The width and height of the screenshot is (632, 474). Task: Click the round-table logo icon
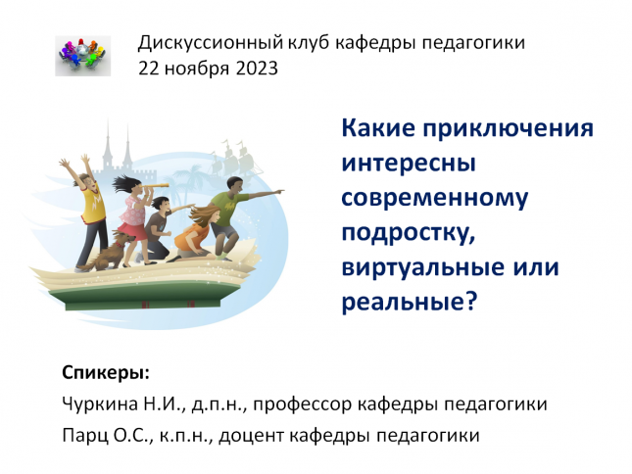82,56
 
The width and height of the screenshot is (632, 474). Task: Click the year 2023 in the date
257,69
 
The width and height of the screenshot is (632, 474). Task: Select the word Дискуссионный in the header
211,43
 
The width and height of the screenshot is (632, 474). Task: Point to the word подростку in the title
409,234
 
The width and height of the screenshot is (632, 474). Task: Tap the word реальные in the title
410,302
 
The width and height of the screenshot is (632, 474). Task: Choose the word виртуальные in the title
423,267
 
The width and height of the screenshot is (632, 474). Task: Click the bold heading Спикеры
106,373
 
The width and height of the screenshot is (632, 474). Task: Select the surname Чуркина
100,403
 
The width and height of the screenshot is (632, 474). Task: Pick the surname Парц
85,436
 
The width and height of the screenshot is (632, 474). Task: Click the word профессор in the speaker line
303,404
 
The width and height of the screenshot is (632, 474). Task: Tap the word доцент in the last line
251,436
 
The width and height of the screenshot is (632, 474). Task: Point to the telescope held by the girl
157,187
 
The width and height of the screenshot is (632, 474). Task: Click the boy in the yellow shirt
88,212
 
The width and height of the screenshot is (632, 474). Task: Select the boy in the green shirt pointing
234,215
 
